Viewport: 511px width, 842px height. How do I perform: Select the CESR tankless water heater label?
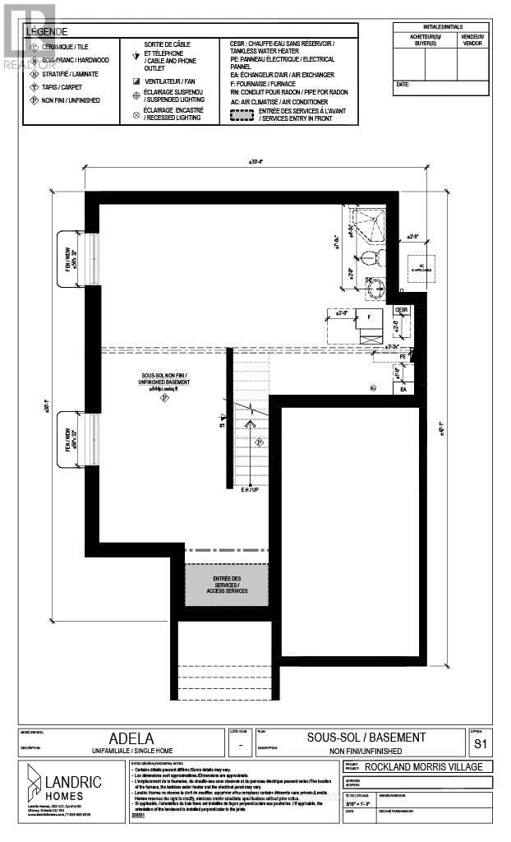click(402, 310)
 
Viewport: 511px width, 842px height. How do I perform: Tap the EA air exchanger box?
click(403, 389)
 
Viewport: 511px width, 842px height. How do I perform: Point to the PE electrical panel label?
click(403, 358)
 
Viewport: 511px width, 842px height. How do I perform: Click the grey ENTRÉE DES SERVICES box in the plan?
click(226, 585)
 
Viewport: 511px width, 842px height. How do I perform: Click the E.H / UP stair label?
click(250, 490)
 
